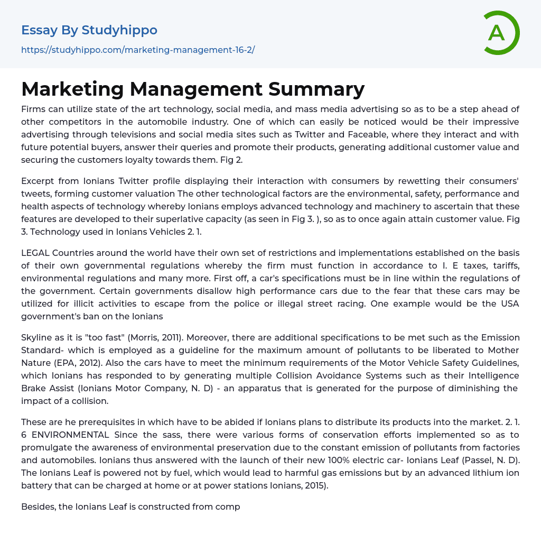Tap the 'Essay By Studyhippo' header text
(x=89, y=30)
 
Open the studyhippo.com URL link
(x=138, y=50)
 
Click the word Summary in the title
(x=316, y=89)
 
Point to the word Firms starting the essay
(x=33, y=109)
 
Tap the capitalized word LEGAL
(x=35, y=253)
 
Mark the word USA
(x=509, y=303)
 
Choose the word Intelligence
(x=491, y=375)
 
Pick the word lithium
(x=487, y=473)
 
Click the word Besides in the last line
(x=39, y=507)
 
